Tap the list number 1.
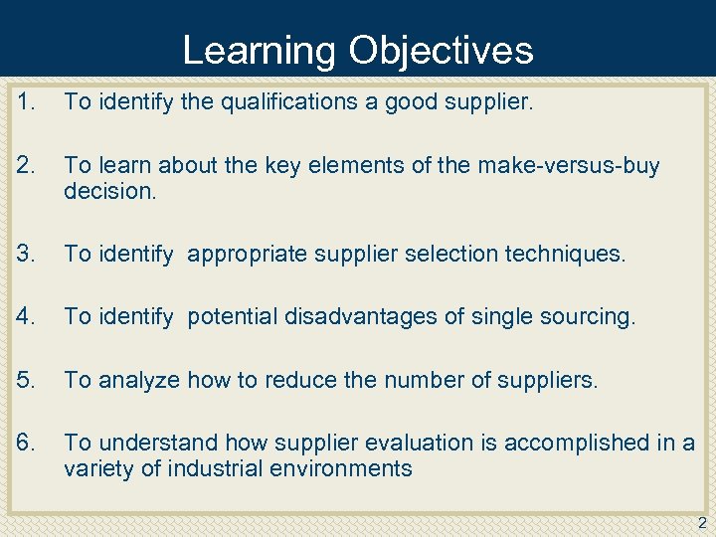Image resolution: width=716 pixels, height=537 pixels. (27, 99)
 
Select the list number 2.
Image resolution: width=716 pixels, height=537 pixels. (27, 165)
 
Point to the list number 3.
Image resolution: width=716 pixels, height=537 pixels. (27, 254)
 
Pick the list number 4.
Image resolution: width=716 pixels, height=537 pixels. (27, 317)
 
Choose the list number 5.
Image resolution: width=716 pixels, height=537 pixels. (27, 381)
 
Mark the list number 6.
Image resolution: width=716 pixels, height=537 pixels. (27, 444)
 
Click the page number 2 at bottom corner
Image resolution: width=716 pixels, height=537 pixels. (702, 524)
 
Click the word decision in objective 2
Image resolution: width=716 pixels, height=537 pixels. (109, 190)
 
